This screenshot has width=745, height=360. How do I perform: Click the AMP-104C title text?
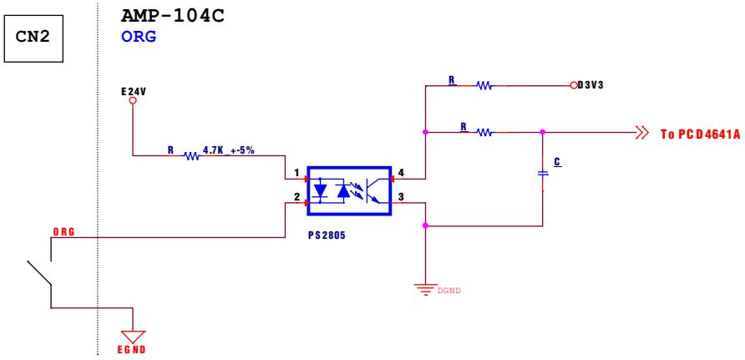(x=173, y=16)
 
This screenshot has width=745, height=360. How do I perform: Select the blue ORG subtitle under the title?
(x=139, y=37)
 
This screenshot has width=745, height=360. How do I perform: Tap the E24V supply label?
(x=134, y=91)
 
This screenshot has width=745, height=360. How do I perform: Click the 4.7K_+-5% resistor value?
(x=229, y=150)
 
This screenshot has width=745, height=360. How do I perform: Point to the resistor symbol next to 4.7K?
(x=191, y=155)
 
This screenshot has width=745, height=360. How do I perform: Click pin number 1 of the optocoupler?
(x=297, y=174)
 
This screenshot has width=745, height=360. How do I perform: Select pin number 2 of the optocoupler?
(x=297, y=196)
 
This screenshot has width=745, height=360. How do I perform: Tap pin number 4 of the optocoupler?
(x=401, y=174)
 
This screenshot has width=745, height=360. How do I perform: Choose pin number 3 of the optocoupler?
(x=401, y=196)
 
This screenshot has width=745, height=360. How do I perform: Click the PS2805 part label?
(x=327, y=235)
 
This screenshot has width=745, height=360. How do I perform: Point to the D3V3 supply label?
(x=590, y=86)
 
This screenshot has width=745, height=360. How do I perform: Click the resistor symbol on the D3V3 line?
(x=484, y=86)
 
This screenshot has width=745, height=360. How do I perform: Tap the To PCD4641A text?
(x=701, y=134)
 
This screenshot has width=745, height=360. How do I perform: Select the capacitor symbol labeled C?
(x=543, y=174)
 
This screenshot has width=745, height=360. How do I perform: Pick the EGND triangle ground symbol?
(x=133, y=337)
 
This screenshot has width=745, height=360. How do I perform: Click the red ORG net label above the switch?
(x=63, y=232)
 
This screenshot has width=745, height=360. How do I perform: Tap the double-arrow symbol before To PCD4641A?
(x=642, y=133)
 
